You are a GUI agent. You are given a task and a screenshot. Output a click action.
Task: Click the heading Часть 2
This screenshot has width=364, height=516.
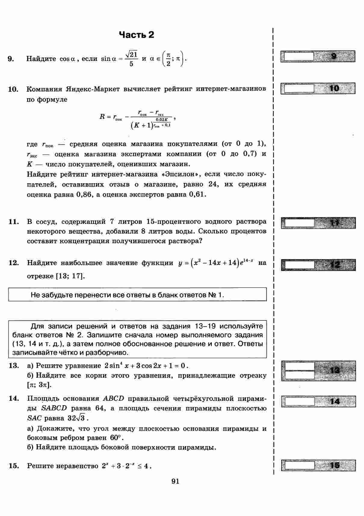137,35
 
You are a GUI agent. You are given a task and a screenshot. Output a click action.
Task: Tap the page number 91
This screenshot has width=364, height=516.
175,481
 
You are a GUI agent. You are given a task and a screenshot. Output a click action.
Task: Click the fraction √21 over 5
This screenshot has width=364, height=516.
131,59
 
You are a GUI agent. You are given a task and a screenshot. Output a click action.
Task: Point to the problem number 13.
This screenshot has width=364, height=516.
14,366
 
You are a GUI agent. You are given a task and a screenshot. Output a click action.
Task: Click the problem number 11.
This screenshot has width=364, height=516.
14,222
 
